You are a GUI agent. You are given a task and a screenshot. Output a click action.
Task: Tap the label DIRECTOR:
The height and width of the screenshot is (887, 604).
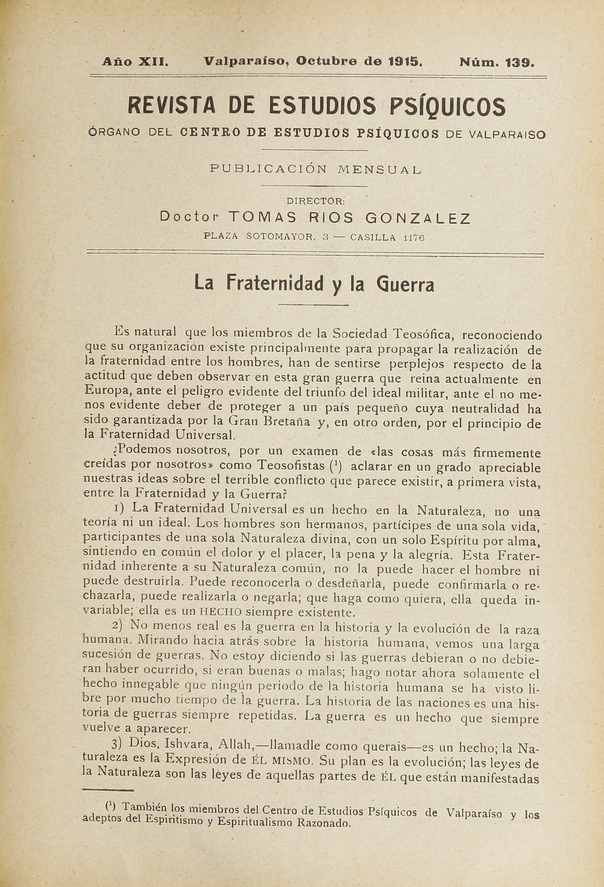pos(316,200)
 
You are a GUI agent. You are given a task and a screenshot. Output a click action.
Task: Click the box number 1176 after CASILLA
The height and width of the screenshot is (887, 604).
pos(414,237)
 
